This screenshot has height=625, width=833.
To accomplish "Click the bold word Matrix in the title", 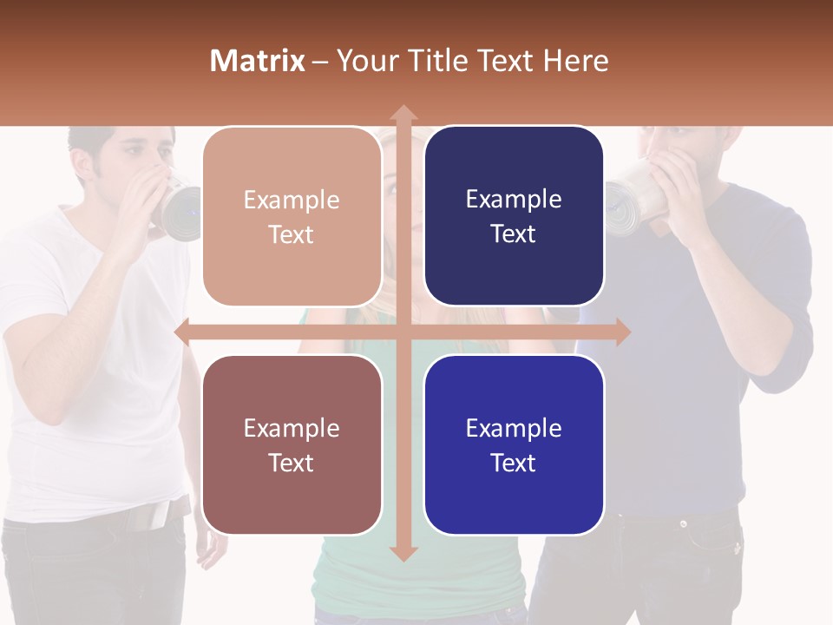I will coord(258,61).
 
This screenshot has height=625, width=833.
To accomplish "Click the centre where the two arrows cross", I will coord(403,332).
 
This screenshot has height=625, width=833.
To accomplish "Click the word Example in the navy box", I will coord(514,199).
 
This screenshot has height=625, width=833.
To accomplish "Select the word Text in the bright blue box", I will coord(514,463).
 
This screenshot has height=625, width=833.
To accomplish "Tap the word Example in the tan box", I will coord(292,200).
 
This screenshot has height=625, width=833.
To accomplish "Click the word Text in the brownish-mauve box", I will coord(292,463).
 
